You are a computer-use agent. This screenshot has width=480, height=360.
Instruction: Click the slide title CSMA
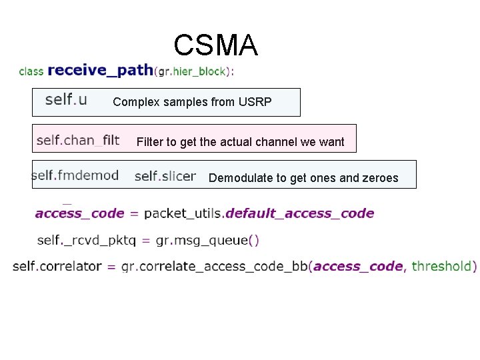pyautogui.click(x=215, y=45)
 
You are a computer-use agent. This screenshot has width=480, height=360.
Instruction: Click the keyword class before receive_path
pyautogui.click(x=31, y=71)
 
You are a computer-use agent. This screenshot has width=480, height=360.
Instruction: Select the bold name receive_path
pyautogui.click(x=100, y=70)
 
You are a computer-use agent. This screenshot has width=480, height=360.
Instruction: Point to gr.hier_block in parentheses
pyautogui.click(x=193, y=71)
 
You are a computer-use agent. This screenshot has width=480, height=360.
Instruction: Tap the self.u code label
pyautogui.click(x=65, y=100)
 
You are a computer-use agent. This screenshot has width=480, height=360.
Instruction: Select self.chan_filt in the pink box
pyautogui.click(x=78, y=139)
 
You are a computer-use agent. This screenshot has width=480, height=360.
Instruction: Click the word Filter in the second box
pyautogui.click(x=151, y=141)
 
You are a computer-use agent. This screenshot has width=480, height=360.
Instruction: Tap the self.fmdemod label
pyautogui.click(x=75, y=175)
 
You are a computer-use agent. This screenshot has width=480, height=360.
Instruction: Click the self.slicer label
pyautogui.click(x=165, y=175)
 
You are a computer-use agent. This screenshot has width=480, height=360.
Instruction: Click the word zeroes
pyautogui.click(x=381, y=177)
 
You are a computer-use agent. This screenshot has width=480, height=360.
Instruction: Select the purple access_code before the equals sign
pyautogui.click(x=79, y=213)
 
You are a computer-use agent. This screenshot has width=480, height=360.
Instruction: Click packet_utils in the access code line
pyautogui.click(x=184, y=213)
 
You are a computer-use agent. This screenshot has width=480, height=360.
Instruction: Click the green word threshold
pyautogui.click(x=441, y=266)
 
